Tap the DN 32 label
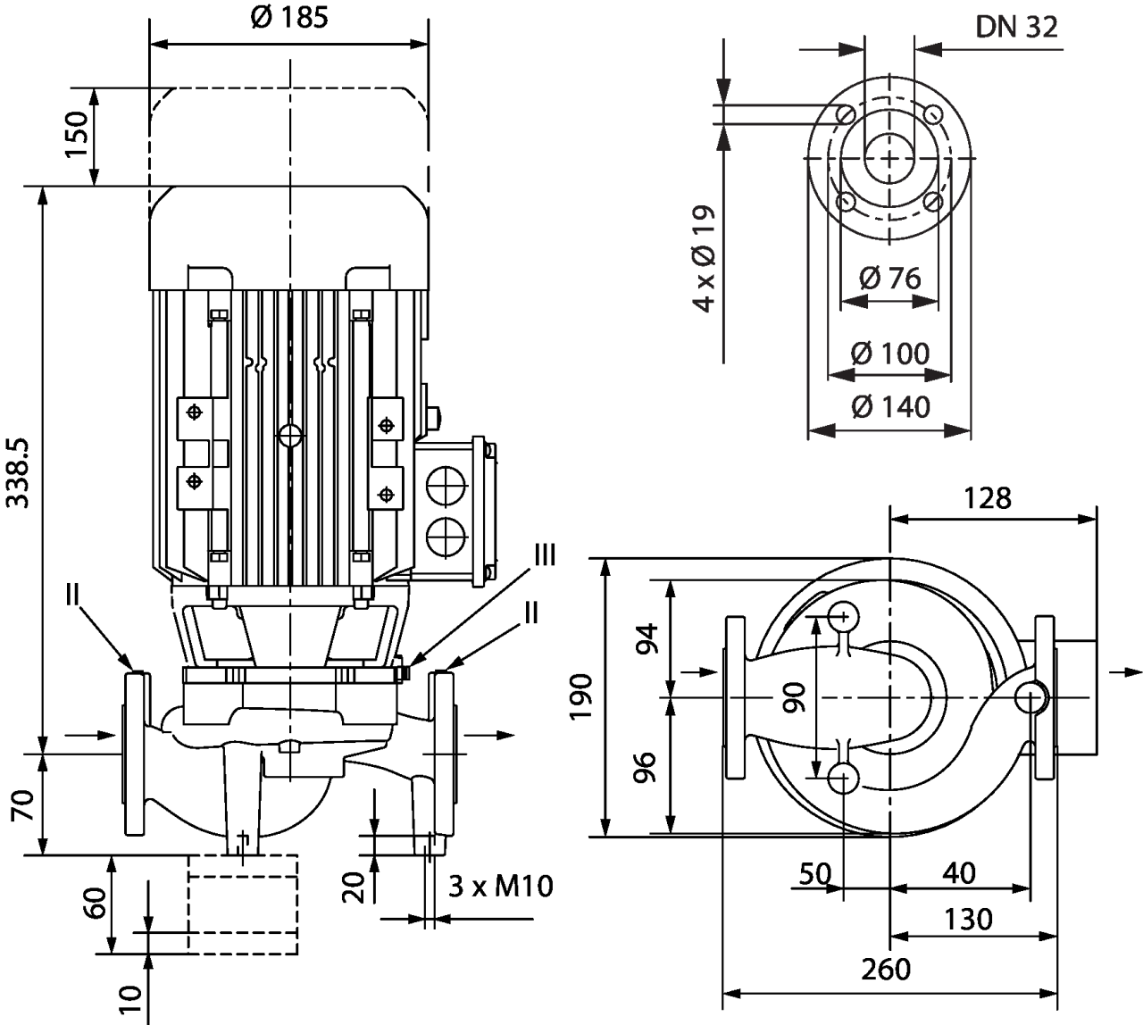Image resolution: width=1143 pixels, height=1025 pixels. tap(1016, 28)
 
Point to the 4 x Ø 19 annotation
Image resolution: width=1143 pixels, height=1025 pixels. tap(705, 259)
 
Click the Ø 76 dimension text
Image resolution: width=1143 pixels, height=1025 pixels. tap(889, 279)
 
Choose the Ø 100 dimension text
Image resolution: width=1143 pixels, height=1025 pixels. tap(889, 354)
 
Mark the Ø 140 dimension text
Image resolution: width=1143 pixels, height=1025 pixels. tap(889, 407)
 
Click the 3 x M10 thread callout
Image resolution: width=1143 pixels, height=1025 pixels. tap(500, 887)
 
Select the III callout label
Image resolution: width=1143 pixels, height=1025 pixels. tap(543, 555)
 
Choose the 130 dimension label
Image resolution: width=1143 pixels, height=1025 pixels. tap(968, 919)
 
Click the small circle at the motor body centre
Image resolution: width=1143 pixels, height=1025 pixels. tap(290, 436)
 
